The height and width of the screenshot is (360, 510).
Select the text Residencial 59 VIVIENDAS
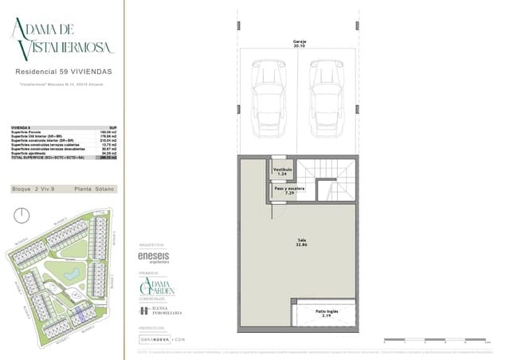coord(64,72)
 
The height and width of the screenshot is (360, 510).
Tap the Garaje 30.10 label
coord(300,43)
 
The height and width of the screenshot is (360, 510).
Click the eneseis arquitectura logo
coord(154,258)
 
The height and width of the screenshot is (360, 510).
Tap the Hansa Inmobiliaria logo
coord(161,311)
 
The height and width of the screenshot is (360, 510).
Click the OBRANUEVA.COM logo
coord(162,338)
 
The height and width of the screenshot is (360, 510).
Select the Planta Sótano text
coord(95,189)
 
